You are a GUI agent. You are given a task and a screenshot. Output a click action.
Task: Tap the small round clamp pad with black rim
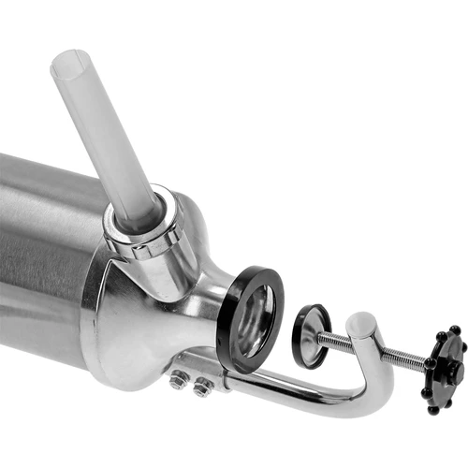(x=311, y=335)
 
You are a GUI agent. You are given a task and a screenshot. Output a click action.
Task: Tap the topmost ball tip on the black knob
(x=453, y=329)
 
